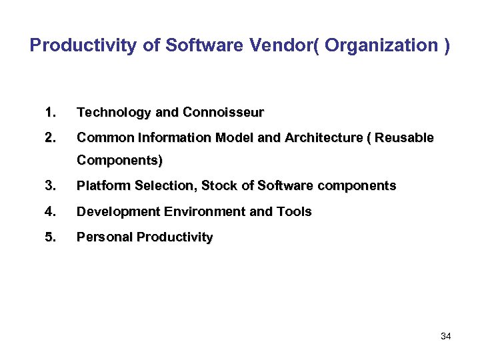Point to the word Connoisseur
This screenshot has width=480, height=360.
pos(223,112)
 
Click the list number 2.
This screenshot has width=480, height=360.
pos(50,137)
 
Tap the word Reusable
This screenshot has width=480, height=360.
pos(405,137)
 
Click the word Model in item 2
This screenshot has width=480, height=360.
pos(233,137)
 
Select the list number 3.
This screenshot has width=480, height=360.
pos(50,185)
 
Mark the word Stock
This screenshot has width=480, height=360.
pos(219,185)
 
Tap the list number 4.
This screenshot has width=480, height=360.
pos(50,211)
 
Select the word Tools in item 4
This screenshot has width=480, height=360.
pos(294,211)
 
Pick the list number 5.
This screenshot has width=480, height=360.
pos(50,237)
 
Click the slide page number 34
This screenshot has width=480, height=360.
pos(445,336)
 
